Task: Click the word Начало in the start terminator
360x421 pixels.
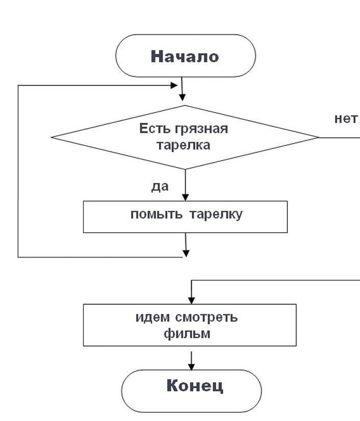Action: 185,56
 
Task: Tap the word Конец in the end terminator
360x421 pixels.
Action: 195,386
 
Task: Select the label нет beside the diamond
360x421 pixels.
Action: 346,119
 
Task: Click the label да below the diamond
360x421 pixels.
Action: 160,187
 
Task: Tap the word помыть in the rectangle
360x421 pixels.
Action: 157,214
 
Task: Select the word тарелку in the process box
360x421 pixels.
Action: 216,214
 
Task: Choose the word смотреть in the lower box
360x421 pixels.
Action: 207,318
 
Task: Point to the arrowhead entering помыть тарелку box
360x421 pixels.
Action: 185,196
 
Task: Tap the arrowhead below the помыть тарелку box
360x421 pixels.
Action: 186,252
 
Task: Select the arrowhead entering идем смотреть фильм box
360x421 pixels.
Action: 192,299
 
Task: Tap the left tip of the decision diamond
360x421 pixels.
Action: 52,137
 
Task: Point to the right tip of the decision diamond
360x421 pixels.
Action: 319,137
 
